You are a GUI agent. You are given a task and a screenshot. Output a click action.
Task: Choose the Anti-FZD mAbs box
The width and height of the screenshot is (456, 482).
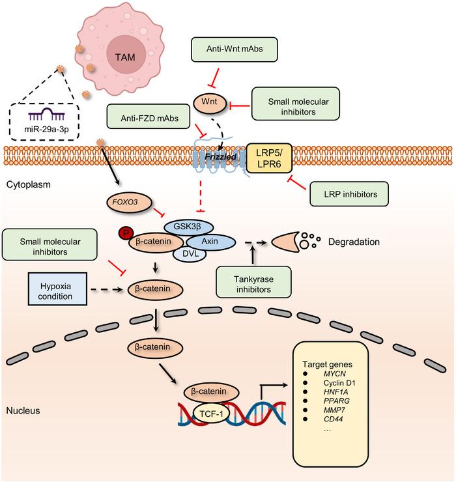(x=147, y=119)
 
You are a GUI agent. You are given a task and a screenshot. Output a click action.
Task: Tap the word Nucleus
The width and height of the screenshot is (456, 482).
(x=23, y=411)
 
